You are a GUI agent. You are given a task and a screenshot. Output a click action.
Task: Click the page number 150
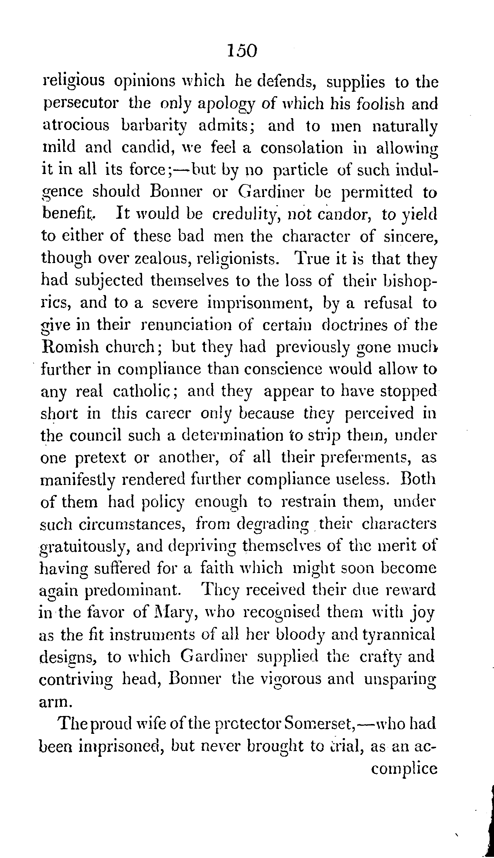click(x=243, y=51)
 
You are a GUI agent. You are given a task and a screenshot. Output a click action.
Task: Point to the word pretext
click(x=100, y=458)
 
